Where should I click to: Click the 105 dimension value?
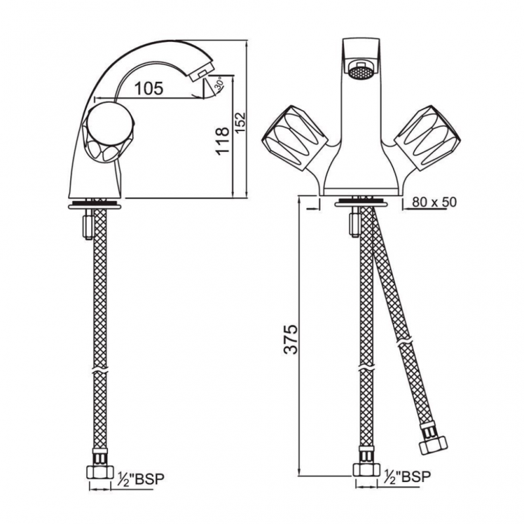[x=149, y=88]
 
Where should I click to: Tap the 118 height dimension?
[x=223, y=141]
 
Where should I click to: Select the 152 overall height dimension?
[x=240, y=122]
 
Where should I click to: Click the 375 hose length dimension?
[x=290, y=339]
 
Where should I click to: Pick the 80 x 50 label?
[x=434, y=202]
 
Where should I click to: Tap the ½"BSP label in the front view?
[x=407, y=477]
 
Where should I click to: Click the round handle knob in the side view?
[x=109, y=132]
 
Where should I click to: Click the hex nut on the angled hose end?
[x=434, y=444]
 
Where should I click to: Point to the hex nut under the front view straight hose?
[x=367, y=469]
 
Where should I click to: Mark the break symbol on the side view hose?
[x=100, y=371]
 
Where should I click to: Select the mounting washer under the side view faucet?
[x=94, y=205]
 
